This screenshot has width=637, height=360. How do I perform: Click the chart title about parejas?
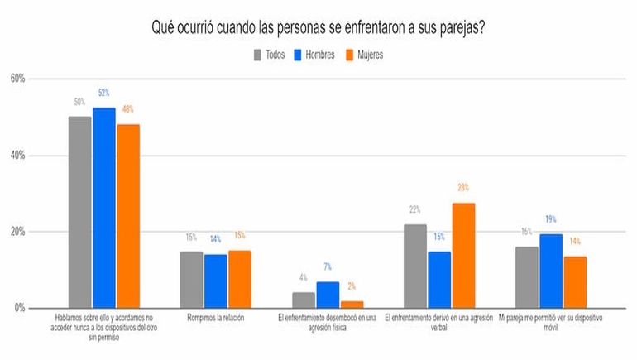[x=318, y=27]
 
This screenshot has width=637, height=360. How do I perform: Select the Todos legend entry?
[x=269, y=55]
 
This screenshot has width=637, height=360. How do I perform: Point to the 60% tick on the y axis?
[x=17, y=79]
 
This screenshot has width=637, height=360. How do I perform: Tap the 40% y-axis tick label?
[x=17, y=155]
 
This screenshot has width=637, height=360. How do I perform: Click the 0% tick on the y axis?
[x=20, y=308]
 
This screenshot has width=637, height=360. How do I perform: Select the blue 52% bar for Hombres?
[x=103, y=208]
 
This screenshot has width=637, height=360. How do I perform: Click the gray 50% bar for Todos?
[x=79, y=212]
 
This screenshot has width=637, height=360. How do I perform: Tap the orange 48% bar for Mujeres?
[x=128, y=216]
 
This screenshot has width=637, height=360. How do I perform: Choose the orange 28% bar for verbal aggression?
[x=462, y=255]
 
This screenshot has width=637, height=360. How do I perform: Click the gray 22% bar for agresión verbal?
[x=415, y=266]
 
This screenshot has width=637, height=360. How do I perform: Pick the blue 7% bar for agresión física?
[x=328, y=295]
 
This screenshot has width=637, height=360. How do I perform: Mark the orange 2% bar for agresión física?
[x=352, y=304]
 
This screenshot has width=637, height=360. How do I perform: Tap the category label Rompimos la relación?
[x=215, y=316]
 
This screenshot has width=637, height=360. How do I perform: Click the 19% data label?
[x=551, y=219]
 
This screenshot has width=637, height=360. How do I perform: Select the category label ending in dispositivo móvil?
[x=549, y=321]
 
